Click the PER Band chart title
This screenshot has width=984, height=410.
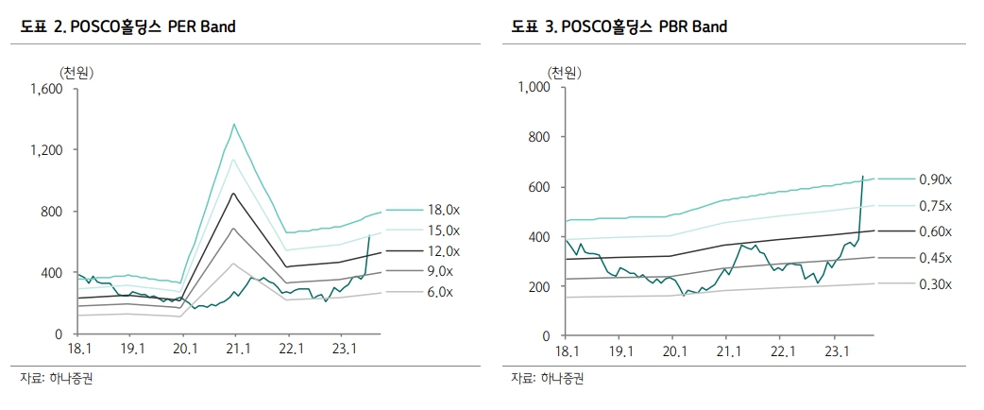pyautogui.click(x=127, y=27)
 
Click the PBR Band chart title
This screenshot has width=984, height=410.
pyautogui.click(x=619, y=27)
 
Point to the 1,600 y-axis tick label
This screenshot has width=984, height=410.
pyautogui.click(x=45, y=89)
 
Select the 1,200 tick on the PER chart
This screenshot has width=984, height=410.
pyautogui.click(x=45, y=150)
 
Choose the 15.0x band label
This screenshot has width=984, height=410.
pyautogui.click(x=444, y=231)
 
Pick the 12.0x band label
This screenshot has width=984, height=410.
pyautogui.click(x=444, y=251)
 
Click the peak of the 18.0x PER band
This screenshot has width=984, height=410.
pyautogui.click(x=233, y=124)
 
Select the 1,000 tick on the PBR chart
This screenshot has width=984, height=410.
pyautogui.click(x=534, y=88)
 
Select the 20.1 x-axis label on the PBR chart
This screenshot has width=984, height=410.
pyautogui.click(x=673, y=351)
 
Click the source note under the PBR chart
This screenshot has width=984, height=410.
pyautogui.click(x=548, y=379)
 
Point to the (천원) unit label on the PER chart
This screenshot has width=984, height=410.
pyautogui.click(x=76, y=72)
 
